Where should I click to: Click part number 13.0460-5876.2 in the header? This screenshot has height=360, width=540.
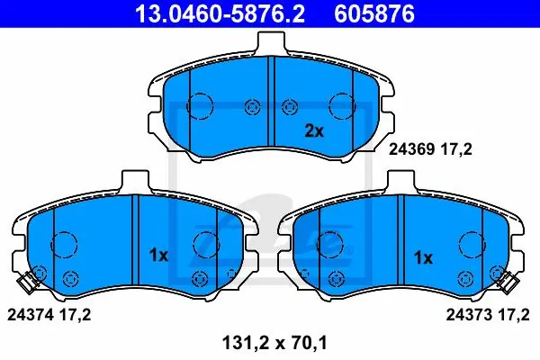point(220,13)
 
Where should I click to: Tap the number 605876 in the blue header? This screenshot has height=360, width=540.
point(374,13)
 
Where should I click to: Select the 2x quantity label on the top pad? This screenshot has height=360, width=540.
point(314,130)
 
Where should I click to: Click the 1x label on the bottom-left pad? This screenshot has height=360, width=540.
point(158,256)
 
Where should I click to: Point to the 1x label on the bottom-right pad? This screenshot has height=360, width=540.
point(423,257)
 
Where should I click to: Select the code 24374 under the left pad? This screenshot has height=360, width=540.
point(30,314)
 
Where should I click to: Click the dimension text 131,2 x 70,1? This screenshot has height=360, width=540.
point(274,343)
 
